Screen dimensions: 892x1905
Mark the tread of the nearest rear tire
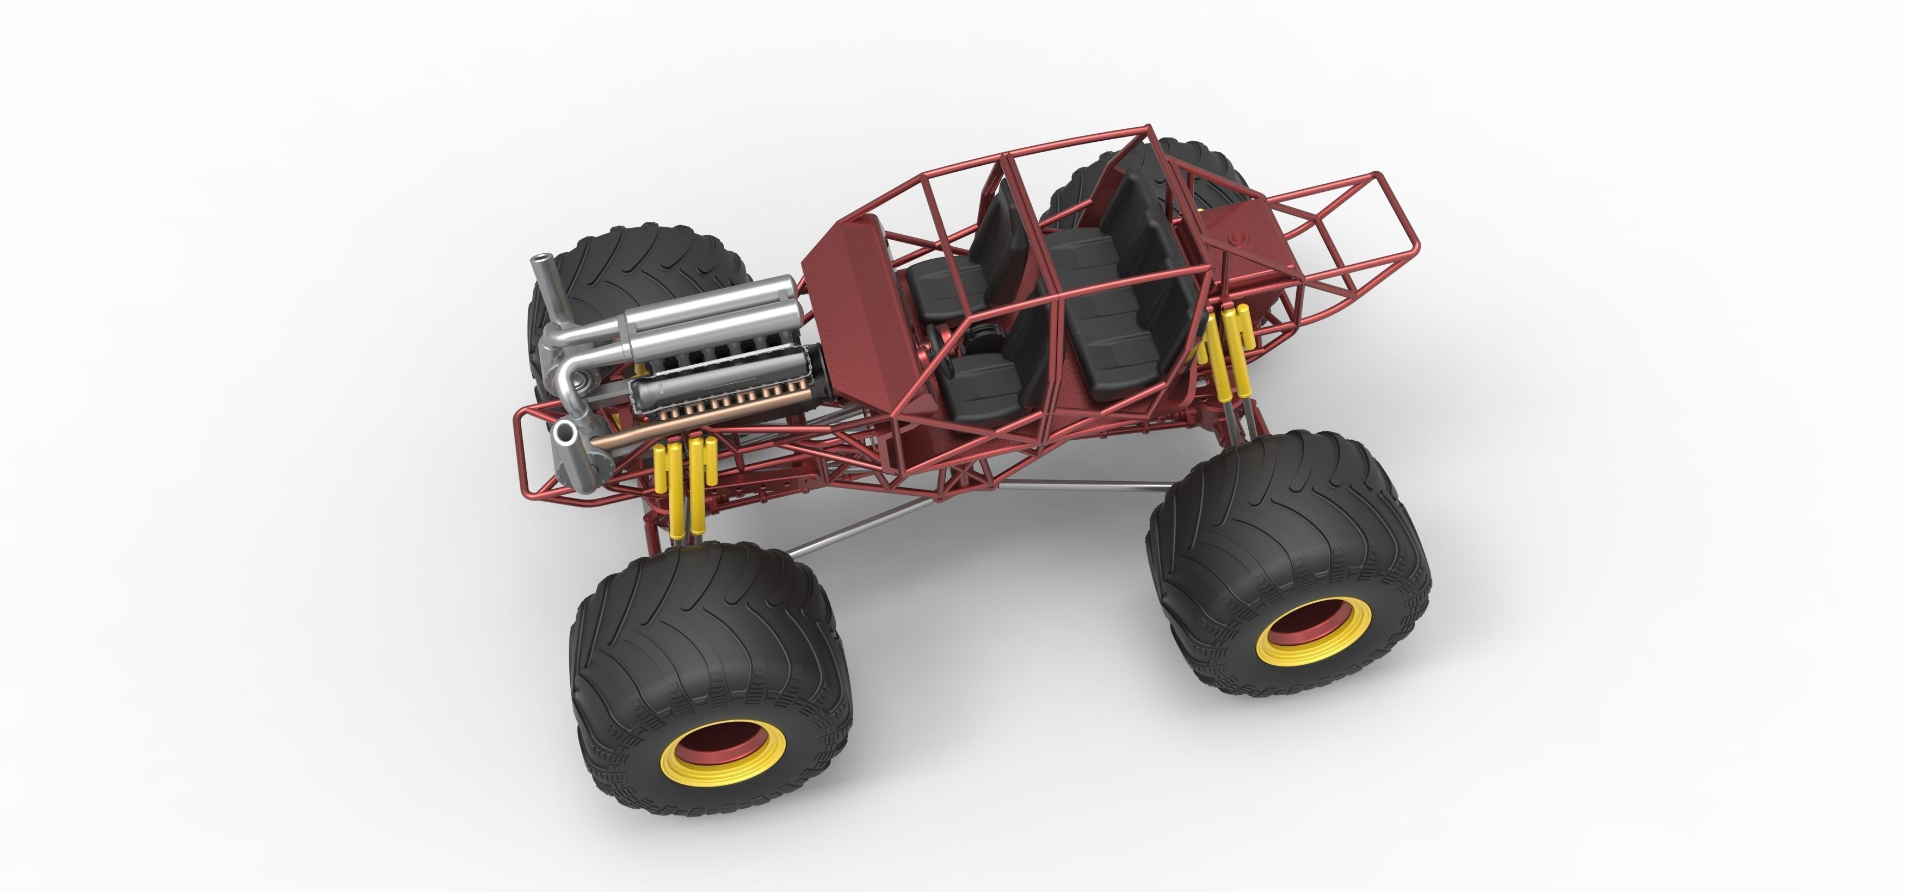click(1257, 510)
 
